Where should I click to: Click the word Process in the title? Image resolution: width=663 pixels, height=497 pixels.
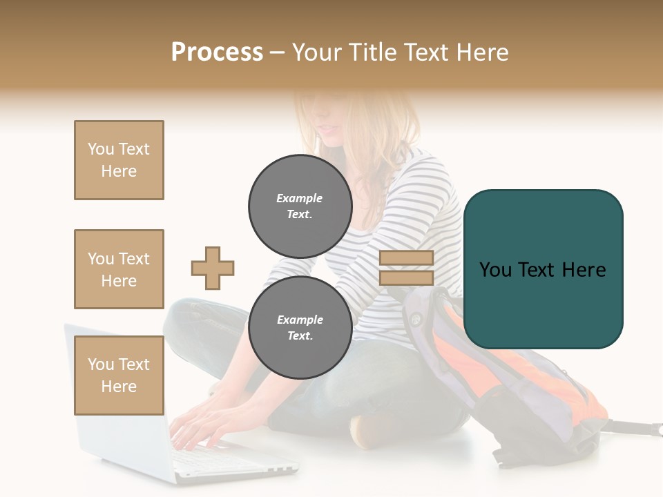point(217,52)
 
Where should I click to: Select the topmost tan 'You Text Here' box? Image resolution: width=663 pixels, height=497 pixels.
point(119,160)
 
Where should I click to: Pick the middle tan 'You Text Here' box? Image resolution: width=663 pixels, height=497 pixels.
point(119,269)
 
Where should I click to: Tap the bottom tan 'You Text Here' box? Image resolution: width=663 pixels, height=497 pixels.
point(119,376)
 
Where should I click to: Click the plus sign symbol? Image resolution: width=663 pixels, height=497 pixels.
point(213,269)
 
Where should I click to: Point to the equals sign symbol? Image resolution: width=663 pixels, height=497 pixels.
point(406,268)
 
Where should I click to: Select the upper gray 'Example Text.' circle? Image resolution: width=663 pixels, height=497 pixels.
point(300,206)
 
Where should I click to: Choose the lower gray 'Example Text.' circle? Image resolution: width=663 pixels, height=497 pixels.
point(300,328)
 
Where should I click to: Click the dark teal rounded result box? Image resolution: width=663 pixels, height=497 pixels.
point(544,269)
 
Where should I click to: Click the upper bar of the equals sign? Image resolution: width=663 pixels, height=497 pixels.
point(406,258)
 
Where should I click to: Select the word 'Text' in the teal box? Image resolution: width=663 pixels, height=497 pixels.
point(544,269)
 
